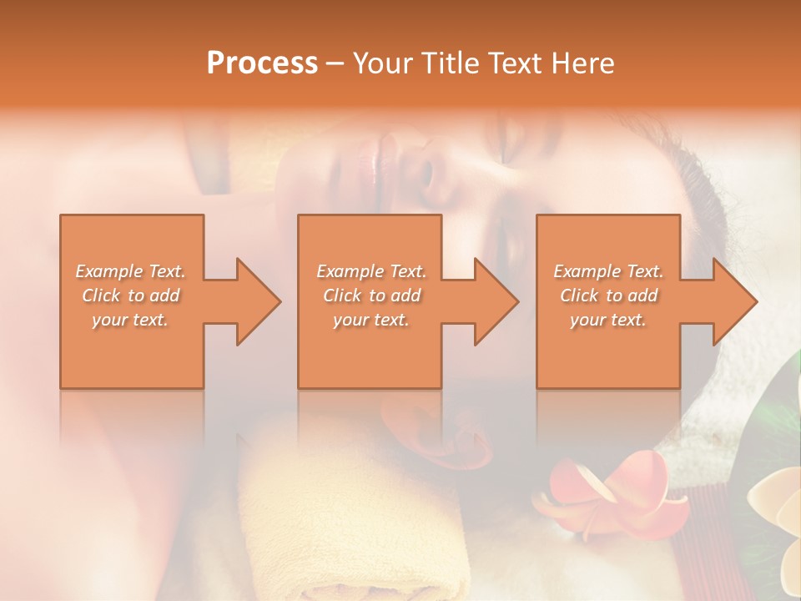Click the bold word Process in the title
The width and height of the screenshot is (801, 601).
pyautogui.click(x=262, y=63)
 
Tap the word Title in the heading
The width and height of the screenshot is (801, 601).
pyautogui.click(x=451, y=63)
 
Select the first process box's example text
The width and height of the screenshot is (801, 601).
pyautogui.click(x=131, y=295)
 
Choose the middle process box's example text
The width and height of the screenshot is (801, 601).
pyautogui.click(x=370, y=295)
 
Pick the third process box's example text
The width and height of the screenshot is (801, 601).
pyautogui.click(x=608, y=295)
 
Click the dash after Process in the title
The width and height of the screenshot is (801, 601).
pyautogui.click(x=335, y=63)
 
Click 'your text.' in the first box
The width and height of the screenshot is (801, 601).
pyautogui.click(x=130, y=320)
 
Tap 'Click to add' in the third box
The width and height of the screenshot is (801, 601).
pyautogui.click(x=609, y=295)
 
